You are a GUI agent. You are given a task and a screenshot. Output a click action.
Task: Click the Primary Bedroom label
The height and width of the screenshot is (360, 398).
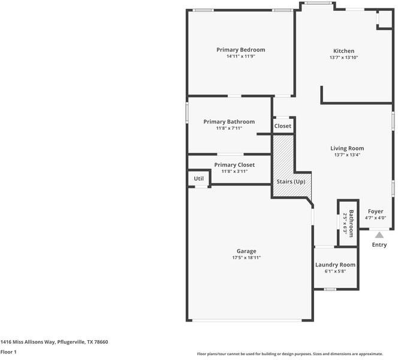point(240,50)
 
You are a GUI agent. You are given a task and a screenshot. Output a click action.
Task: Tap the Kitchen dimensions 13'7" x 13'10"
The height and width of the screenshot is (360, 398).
point(343,58)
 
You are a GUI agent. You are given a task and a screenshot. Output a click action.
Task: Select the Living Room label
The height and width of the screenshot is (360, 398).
point(347,148)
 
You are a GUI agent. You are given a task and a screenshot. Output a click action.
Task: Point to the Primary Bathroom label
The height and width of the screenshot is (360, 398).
point(229,122)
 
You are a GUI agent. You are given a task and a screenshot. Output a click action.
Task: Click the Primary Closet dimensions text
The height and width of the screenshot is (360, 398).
point(234,171)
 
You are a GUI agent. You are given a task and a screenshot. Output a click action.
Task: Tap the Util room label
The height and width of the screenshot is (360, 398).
point(199,179)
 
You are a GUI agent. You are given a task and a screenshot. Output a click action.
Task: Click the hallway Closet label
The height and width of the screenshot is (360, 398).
point(283,126)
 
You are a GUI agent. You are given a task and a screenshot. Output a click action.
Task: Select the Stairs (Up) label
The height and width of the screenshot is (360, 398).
point(291,182)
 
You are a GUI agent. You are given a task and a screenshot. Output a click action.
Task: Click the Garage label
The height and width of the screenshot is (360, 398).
point(246,251)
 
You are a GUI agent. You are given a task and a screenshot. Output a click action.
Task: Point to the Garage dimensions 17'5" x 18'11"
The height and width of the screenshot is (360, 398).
point(246,257)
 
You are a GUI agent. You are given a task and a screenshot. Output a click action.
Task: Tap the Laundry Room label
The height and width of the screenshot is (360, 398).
point(335,265)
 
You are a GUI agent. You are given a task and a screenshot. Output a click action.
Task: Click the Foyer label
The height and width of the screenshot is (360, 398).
point(375,211)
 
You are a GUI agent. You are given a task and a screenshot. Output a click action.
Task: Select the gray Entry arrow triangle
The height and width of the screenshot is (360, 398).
point(379,235)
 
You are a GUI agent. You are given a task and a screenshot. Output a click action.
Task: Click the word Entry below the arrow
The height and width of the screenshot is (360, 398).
point(379,245)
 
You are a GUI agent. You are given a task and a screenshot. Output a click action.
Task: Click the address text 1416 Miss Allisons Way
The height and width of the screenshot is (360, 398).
point(28,342)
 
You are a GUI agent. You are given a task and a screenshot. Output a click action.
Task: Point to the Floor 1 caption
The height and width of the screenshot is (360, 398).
point(8,352)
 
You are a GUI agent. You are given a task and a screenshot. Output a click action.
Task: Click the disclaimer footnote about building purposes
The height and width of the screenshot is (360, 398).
point(290,354)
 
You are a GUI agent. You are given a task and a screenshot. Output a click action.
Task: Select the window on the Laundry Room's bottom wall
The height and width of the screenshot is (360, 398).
point(330,289)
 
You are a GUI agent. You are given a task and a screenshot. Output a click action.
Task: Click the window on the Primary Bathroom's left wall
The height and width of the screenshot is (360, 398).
point(187,113)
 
